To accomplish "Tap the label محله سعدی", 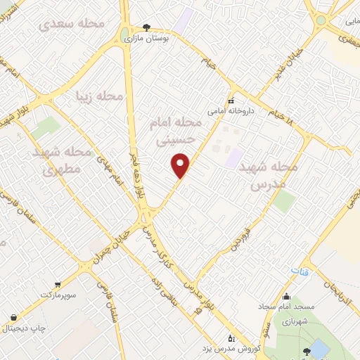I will (72, 24).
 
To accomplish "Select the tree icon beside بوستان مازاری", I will (146, 27).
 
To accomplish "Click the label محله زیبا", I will (100, 96).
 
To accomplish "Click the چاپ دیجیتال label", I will (25, 327).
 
